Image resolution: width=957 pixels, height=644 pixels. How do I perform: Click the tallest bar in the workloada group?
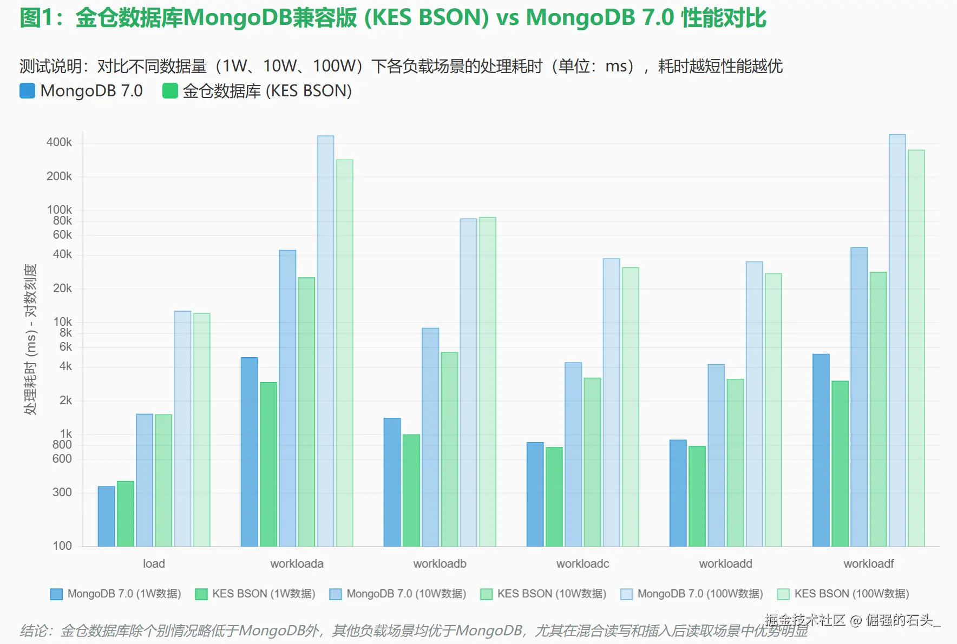pyautogui.click(x=325, y=341)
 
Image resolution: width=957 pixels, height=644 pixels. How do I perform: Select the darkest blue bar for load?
pyautogui.click(x=106, y=516)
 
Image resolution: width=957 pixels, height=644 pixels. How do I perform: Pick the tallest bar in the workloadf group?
pyautogui.click(x=897, y=340)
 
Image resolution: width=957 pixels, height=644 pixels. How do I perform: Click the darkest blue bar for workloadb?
pyautogui.click(x=392, y=482)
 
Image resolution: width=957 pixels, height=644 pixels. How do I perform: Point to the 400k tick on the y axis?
pyautogui.click(x=59, y=142)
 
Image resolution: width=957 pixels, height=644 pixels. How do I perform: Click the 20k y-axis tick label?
pyautogui.click(x=62, y=288)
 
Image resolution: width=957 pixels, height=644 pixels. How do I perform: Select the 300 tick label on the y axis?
pyautogui.click(x=62, y=492)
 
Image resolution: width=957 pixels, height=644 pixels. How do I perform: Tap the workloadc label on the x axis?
pyautogui.click(x=582, y=564)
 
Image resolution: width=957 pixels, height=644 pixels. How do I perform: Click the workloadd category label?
pyautogui.click(x=725, y=564)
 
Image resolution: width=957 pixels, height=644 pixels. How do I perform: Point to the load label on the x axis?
pyautogui.click(x=154, y=564)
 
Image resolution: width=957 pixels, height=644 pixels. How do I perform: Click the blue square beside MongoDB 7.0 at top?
pyautogui.click(x=27, y=91)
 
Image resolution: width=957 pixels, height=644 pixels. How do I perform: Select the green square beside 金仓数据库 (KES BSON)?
pyautogui.click(x=170, y=91)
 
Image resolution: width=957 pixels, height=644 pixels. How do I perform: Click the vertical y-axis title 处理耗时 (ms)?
pyautogui.click(x=30, y=339)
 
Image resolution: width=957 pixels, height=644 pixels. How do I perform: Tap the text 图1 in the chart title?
pyautogui.click(x=36, y=18)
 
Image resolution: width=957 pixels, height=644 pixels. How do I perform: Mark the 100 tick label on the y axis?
pyautogui.click(x=62, y=546)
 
